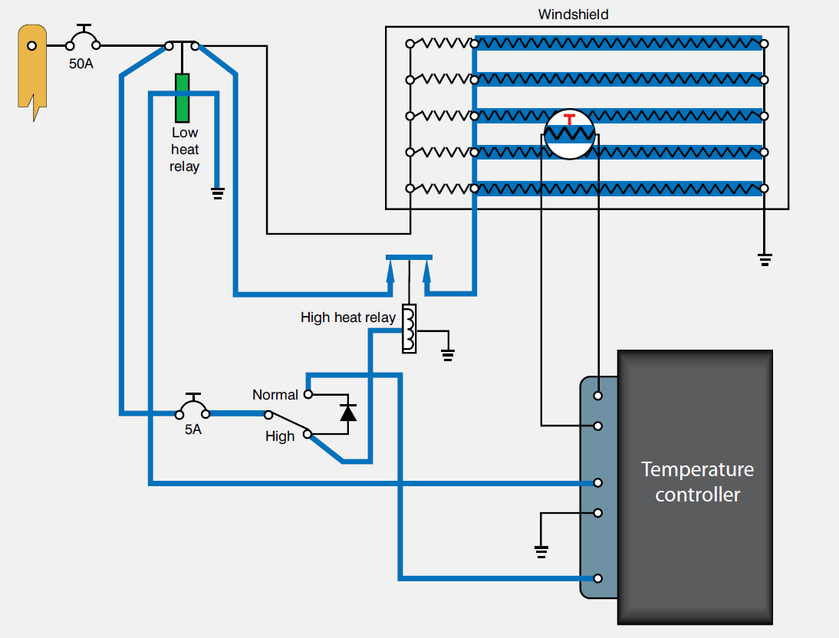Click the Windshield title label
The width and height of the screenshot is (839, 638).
tap(573, 15)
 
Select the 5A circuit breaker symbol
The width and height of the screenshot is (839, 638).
tap(193, 406)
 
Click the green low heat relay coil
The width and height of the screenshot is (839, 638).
tap(182, 97)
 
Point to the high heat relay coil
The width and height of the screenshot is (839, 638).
tap(409, 329)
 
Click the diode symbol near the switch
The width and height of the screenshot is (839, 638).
tap(348, 412)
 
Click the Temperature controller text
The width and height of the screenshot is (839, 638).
tap(697, 482)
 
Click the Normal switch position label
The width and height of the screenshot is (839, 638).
tap(275, 395)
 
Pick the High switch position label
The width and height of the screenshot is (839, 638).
tap(280, 436)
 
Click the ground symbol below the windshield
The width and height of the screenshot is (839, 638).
tap(764, 259)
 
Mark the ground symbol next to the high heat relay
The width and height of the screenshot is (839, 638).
tap(448, 354)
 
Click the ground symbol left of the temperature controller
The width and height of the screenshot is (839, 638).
tap(541, 549)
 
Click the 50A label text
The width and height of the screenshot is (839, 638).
tap(81, 64)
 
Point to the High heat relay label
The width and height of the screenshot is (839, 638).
tap(348, 317)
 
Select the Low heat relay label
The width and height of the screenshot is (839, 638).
tap(185, 150)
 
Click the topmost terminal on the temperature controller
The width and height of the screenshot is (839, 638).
tap(598, 396)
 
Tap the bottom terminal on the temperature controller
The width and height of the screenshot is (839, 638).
tap(598, 578)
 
